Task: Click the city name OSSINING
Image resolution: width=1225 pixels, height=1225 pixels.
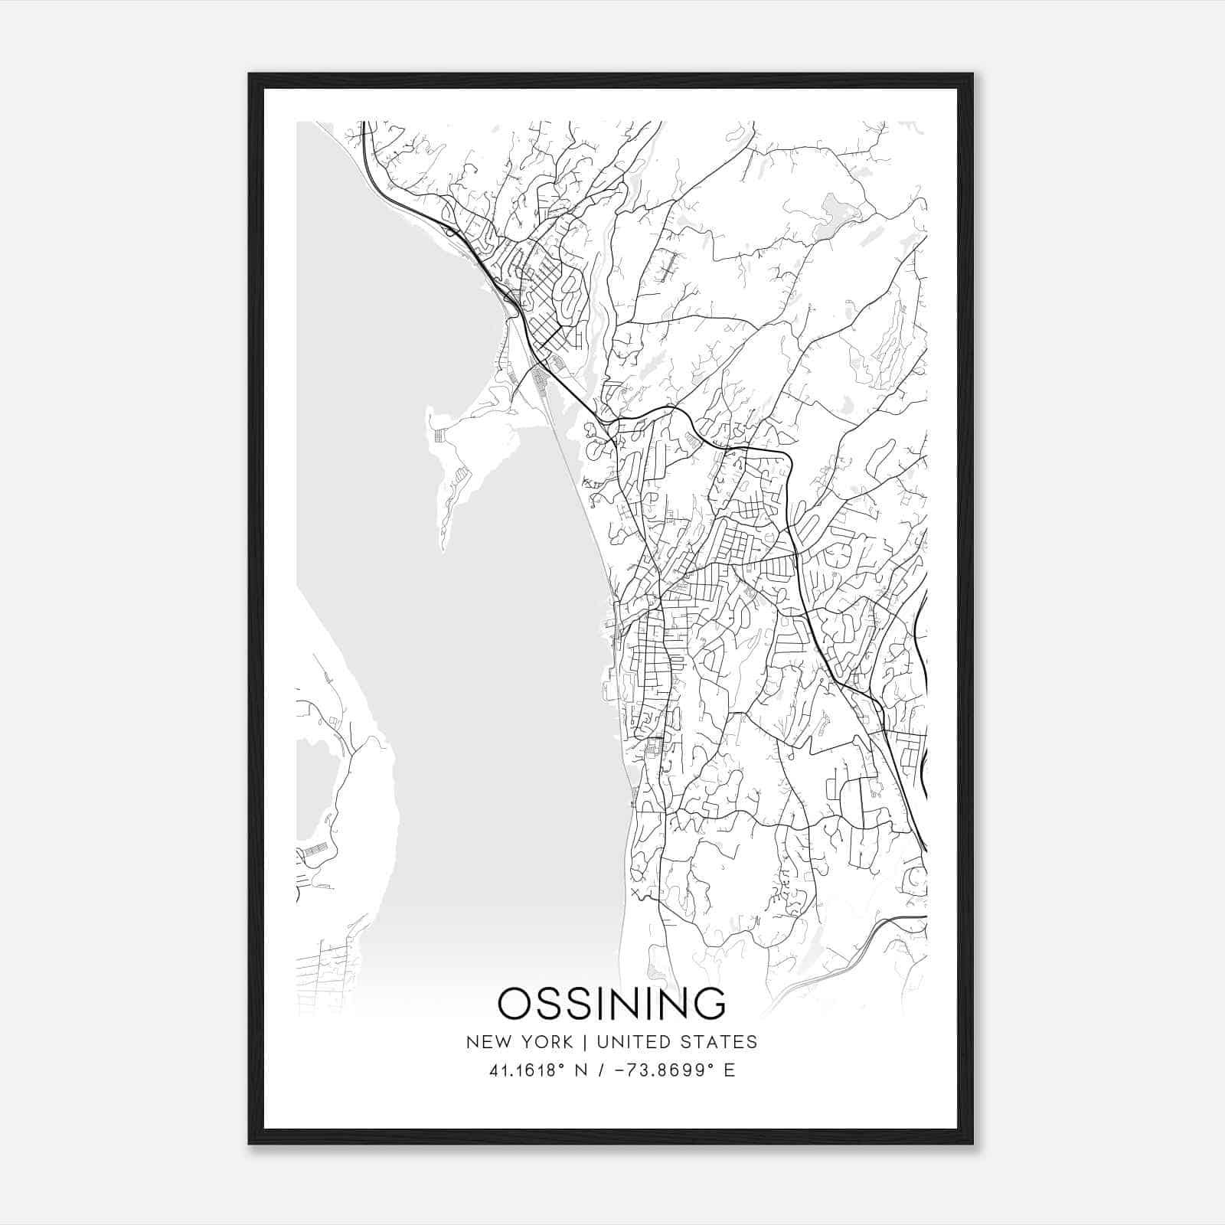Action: [x=612, y=1004]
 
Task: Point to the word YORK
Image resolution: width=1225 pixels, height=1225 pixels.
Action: [x=545, y=1042]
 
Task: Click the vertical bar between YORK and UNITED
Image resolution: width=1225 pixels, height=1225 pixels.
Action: [x=584, y=1042]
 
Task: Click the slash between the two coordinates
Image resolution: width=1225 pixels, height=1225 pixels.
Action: [x=607, y=1070]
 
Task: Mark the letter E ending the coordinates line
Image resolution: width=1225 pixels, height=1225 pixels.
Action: [x=729, y=1070]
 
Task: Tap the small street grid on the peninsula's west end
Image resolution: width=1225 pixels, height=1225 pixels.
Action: [x=439, y=436]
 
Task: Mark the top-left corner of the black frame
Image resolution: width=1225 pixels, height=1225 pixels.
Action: [x=250, y=75]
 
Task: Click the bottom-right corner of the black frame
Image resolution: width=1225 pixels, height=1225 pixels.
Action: [x=972, y=1142]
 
